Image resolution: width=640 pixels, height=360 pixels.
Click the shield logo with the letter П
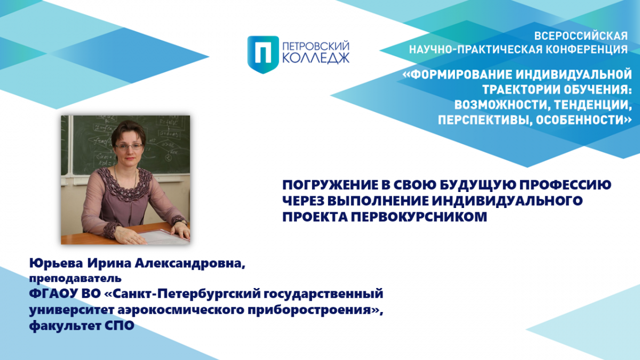click(263, 54)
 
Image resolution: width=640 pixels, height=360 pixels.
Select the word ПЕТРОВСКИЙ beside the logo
click(316, 46)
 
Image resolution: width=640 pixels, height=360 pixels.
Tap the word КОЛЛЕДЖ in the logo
click(316, 58)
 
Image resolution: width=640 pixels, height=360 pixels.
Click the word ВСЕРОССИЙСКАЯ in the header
click(581, 36)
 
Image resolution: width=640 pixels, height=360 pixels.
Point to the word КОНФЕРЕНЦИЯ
click(587, 50)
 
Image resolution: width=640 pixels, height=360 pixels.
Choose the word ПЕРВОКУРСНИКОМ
click(419, 217)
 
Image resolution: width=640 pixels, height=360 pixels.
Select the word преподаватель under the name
click(75, 278)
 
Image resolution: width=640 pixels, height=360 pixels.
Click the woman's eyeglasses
click(129, 147)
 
